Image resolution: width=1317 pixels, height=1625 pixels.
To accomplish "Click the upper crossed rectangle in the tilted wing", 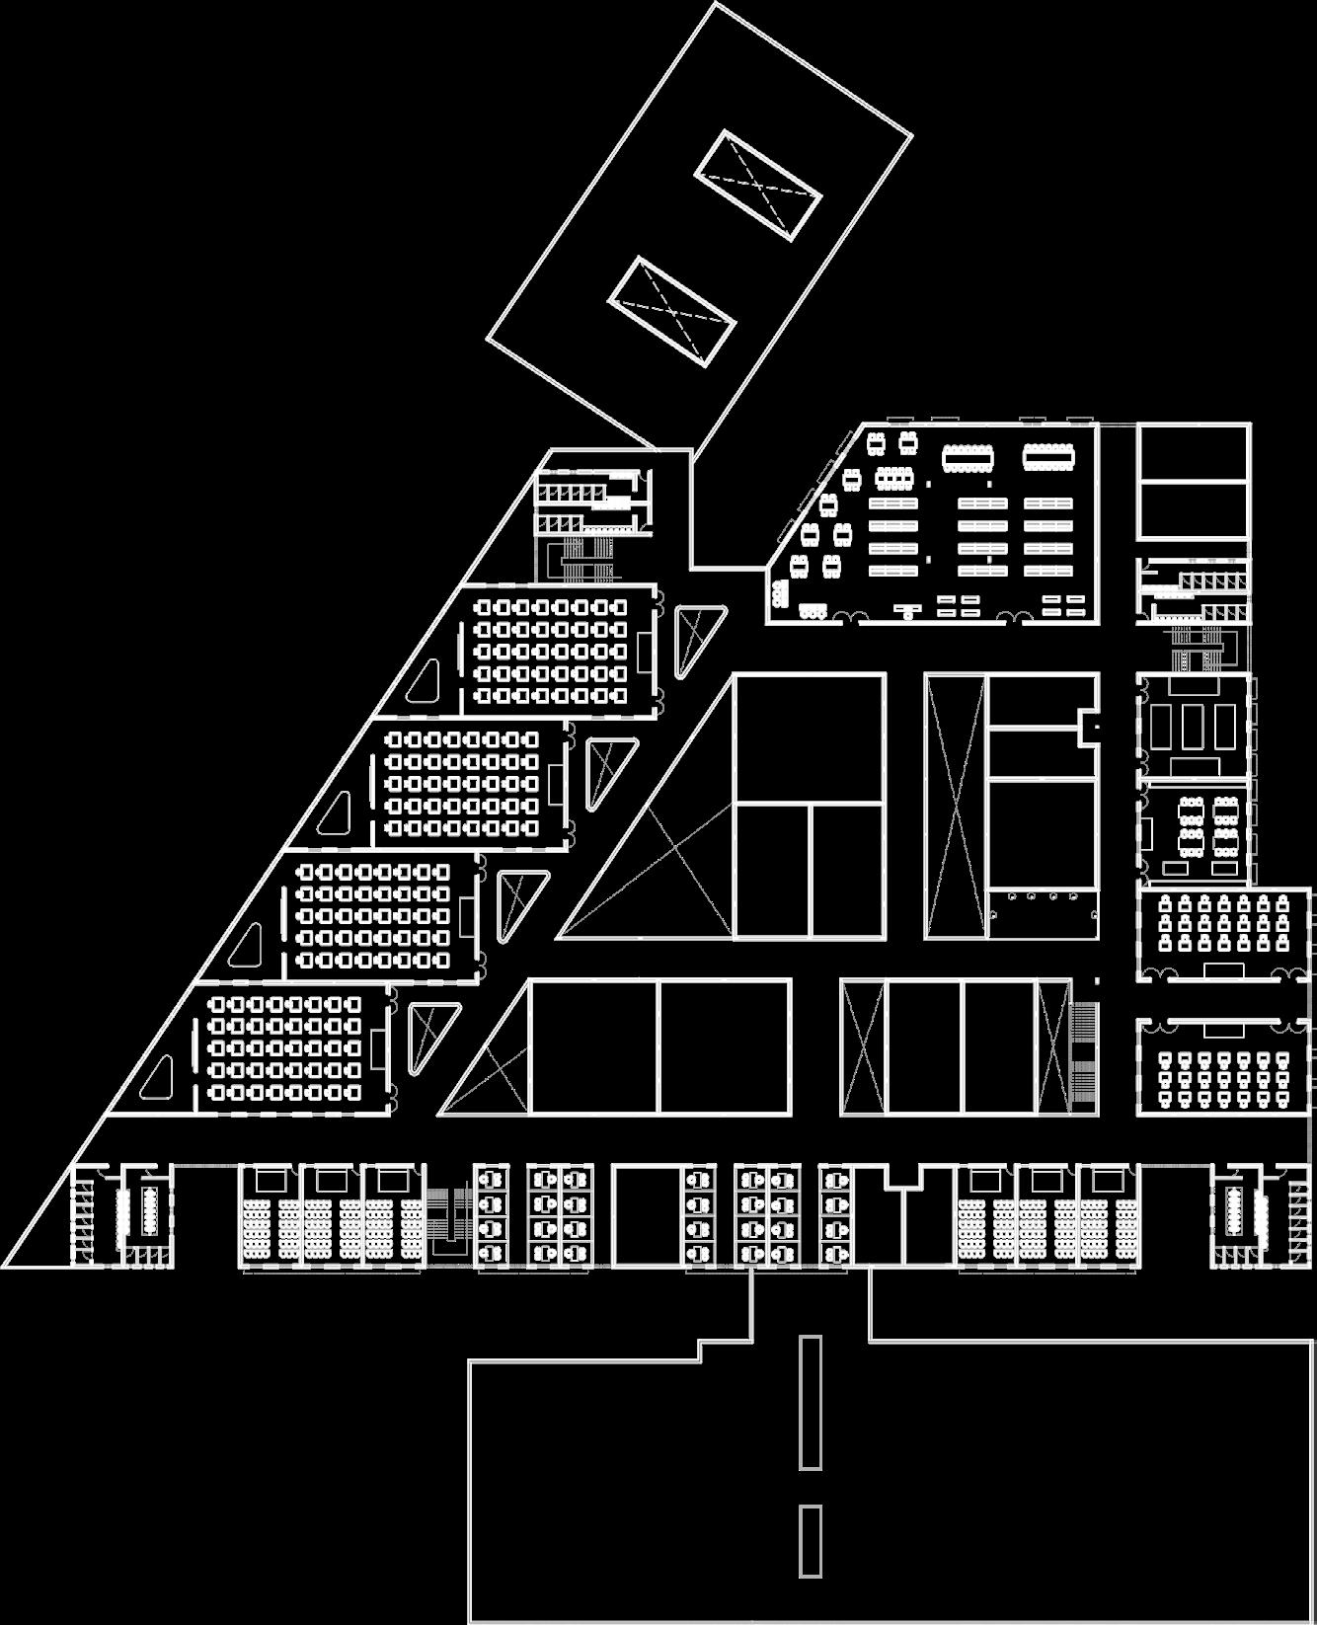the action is (757, 186).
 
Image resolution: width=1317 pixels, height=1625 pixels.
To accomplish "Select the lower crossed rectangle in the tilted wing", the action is (672, 311).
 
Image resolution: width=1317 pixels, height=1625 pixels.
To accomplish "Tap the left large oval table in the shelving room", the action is (968, 457).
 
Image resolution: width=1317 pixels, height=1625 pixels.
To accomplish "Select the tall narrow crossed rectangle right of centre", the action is (955, 806).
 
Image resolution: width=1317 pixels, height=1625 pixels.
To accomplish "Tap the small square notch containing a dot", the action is (1090, 727).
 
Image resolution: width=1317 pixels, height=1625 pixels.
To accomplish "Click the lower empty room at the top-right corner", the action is (1193, 510).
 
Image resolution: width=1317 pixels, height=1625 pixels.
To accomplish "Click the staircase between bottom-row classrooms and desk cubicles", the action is (450, 1214).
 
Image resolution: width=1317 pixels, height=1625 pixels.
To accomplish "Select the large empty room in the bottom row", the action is (647, 1215).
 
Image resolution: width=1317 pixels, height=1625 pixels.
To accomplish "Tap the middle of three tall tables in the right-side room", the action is (1195, 727).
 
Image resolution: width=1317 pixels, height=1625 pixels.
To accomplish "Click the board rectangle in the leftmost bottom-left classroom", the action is (270, 1179).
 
